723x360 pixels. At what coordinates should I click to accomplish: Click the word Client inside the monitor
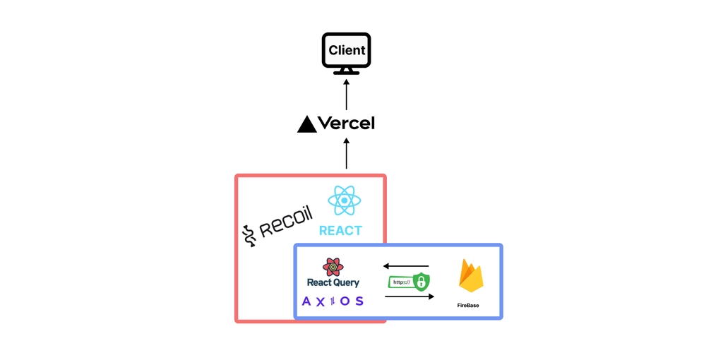[x=347, y=50]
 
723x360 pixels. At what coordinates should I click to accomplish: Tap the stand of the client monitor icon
[x=346, y=71]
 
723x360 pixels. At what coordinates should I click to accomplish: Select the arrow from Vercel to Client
[x=346, y=95]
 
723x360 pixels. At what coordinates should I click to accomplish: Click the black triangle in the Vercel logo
[x=307, y=124]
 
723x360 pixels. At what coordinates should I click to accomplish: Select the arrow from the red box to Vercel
[x=346, y=152]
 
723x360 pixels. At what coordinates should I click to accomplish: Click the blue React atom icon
[x=345, y=200]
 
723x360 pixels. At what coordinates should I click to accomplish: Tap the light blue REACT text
[x=341, y=231]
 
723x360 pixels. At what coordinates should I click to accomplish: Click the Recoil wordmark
[x=286, y=222]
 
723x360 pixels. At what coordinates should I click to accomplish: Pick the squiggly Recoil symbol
[x=249, y=235]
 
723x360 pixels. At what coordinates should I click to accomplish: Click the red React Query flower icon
[x=333, y=268]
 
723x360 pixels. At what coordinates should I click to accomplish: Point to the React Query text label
[x=333, y=282]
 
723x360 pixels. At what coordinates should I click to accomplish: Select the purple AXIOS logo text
[x=333, y=301]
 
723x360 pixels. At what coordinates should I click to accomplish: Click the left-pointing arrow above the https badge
[x=406, y=266]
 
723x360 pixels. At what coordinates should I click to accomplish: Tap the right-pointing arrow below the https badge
[x=410, y=296]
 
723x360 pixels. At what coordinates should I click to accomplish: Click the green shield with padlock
[x=421, y=281]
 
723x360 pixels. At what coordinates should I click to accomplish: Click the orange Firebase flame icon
[x=471, y=275]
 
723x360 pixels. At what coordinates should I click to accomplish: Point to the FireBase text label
[x=468, y=305]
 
